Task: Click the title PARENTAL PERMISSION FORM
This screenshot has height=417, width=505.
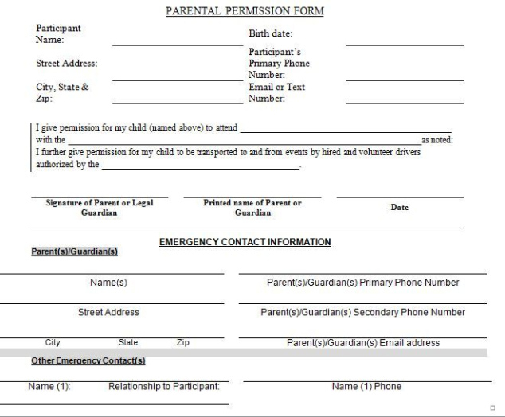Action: (x=245, y=12)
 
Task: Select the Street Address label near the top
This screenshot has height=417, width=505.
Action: (x=67, y=64)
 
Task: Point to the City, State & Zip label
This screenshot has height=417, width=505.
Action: (x=62, y=93)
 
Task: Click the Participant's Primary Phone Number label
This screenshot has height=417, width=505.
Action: (x=279, y=64)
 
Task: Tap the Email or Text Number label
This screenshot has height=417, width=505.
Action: (x=277, y=93)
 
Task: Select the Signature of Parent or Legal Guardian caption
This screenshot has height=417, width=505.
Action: (x=100, y=208)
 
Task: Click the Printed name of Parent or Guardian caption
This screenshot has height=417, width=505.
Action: (x=252, y=208)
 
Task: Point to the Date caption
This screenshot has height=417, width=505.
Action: (x=400, y=208)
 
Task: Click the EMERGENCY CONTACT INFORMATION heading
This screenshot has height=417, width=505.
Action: (x=245, y=241)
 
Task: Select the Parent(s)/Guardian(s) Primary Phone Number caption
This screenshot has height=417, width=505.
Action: (x=362, y=283)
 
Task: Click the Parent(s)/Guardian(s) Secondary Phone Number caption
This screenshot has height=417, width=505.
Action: (x=362, y=312)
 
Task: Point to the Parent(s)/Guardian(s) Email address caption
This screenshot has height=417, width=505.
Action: (x=362, y=343)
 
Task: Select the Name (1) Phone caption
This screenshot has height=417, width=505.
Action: (x=366, y=387)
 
